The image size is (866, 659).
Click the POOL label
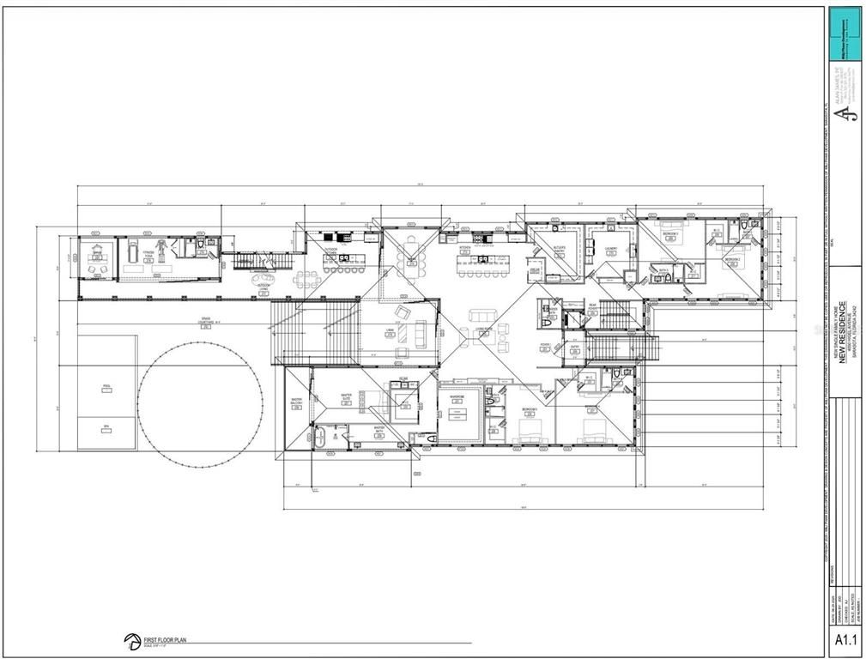[107, 387]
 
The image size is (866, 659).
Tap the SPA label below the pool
[107, 427]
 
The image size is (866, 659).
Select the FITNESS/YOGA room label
[149, 256]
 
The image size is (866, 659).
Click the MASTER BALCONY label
[296, 402]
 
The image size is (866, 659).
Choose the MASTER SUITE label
[346, 400]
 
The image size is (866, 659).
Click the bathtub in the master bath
[320, 438]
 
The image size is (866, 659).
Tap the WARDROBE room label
[457, 399]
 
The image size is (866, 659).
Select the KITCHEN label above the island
[464, 250]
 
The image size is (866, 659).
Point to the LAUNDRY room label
[611, 251]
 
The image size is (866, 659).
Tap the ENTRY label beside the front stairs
[574, 348]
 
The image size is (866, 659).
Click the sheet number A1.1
[845, 640]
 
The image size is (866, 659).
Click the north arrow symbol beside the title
[132, 641]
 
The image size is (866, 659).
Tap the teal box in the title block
[845, 33]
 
